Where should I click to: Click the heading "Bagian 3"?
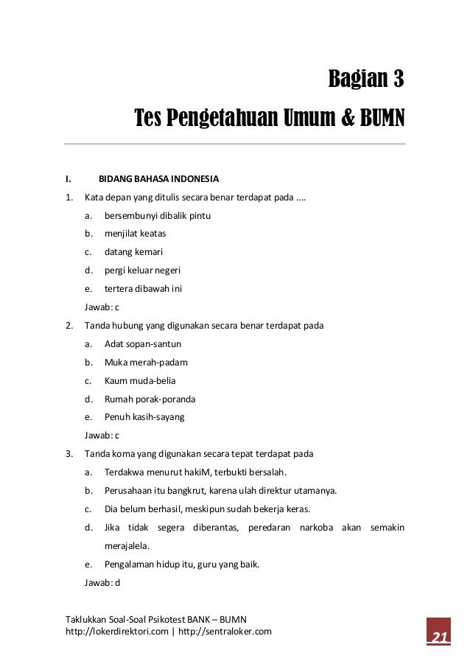366,79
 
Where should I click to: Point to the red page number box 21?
440,636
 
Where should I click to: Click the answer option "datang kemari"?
133,252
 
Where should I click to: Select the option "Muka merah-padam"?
146,363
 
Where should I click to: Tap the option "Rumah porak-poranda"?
150,399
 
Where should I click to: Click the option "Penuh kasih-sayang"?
144,416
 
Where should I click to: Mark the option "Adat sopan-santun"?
143,344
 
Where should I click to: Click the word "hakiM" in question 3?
205,472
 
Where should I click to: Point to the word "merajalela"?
127,546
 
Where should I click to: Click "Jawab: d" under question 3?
102,583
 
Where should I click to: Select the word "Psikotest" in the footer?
166,619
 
